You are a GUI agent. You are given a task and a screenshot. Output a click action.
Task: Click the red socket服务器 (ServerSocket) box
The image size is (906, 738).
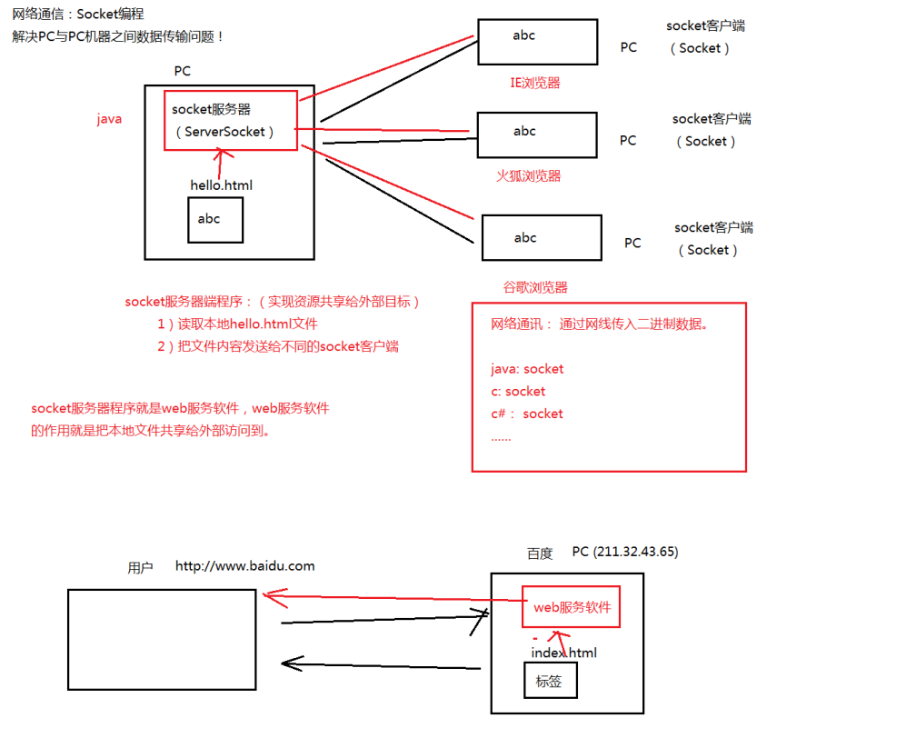(x=231, y=120)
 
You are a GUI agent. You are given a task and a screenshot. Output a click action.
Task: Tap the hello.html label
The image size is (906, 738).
(x=221, y=185)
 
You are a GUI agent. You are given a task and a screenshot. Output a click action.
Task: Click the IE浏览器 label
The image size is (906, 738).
(x=535, y=83)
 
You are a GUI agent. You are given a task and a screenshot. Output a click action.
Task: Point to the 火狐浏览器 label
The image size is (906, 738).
(x=528, y=176)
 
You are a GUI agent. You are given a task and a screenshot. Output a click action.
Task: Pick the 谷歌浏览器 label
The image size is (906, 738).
(x=535, y=287)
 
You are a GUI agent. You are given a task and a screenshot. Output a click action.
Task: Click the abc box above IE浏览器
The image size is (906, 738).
(x=537, y=41)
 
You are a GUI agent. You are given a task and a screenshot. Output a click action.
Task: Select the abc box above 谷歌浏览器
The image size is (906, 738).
(x=542, y=238)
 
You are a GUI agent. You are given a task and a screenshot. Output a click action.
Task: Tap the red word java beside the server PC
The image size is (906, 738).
(x=109, y=119)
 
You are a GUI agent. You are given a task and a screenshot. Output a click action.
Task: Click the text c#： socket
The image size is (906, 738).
(x=526, y=414)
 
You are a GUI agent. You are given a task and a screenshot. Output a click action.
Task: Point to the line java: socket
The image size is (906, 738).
(x=527, y=369)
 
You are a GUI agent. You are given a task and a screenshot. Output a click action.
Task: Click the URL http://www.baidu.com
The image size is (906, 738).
(x=244, y=566)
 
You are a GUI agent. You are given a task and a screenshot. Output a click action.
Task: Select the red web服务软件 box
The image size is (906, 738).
(x=571, y=608)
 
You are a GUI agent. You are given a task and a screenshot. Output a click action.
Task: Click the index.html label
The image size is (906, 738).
(x=563, y=653)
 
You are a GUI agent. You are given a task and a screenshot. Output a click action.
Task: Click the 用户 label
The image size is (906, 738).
(x=140, y=568)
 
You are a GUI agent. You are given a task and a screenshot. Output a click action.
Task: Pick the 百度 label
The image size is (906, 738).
(x=540, y=553)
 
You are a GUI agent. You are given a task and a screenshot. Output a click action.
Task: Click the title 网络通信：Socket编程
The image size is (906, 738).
(x=78, y=15)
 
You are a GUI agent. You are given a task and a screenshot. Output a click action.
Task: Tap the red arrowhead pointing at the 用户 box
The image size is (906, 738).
(x=267, y=595)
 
